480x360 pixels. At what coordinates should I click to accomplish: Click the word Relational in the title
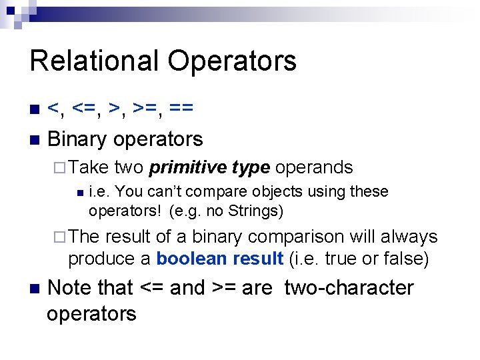[x=93, y=61]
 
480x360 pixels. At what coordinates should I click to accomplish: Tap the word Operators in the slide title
[x=232, y=61]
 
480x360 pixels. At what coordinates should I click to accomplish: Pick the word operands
[x=313, y=167]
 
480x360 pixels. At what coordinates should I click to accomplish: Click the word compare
[x=221, y=192]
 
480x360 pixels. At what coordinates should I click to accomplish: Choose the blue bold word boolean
[x=189, y=258]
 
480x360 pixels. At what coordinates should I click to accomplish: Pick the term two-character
[x=349, y=288]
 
